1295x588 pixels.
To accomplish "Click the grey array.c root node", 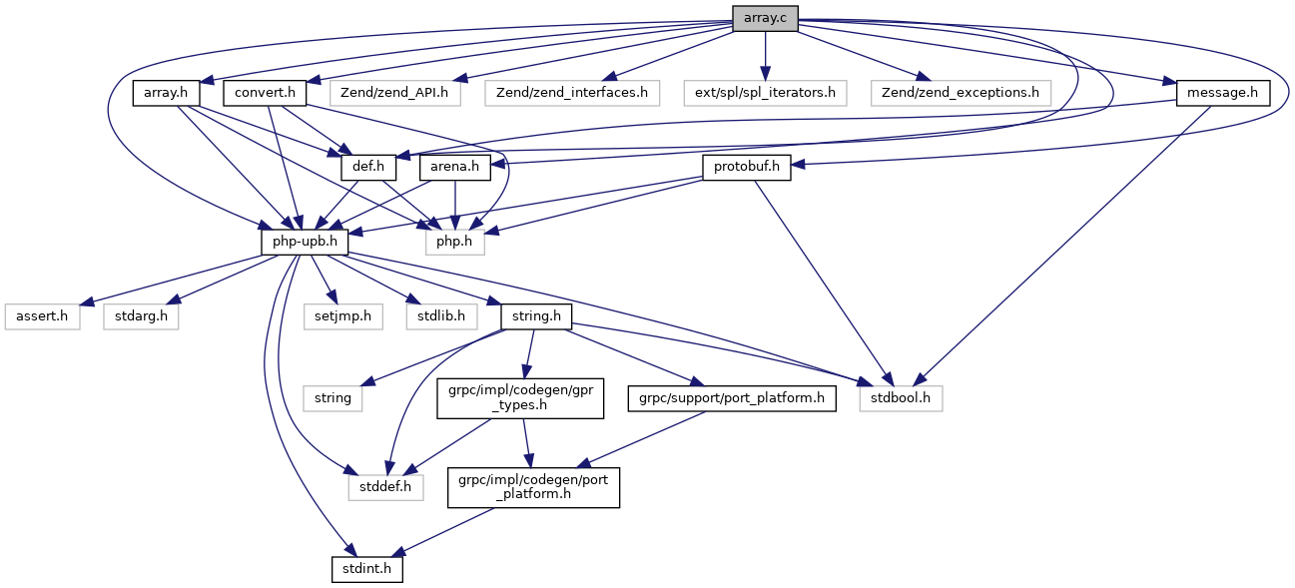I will [x=765, y=18].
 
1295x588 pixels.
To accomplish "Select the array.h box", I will [x=167, y=93].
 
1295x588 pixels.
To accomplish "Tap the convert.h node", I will [x=265, y=93].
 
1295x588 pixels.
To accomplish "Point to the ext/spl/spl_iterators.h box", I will [x=766, y=93].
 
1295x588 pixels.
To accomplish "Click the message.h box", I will [x=1223, y=93].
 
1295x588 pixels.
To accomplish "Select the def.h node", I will [x=369, y=168].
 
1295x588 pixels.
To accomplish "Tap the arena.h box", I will [x=455, y=168].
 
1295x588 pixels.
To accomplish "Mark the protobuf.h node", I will [x=747, y=168].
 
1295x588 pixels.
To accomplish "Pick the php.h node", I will [x=455, y=242].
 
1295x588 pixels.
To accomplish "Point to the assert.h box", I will [x=42, y=316].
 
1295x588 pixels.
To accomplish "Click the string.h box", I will [x=537, y=316].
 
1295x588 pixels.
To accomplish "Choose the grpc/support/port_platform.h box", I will [x=732, y=398].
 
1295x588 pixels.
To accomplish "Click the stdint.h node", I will [x=368, y=570].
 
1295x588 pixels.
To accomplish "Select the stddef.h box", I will [x=385, y=488].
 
